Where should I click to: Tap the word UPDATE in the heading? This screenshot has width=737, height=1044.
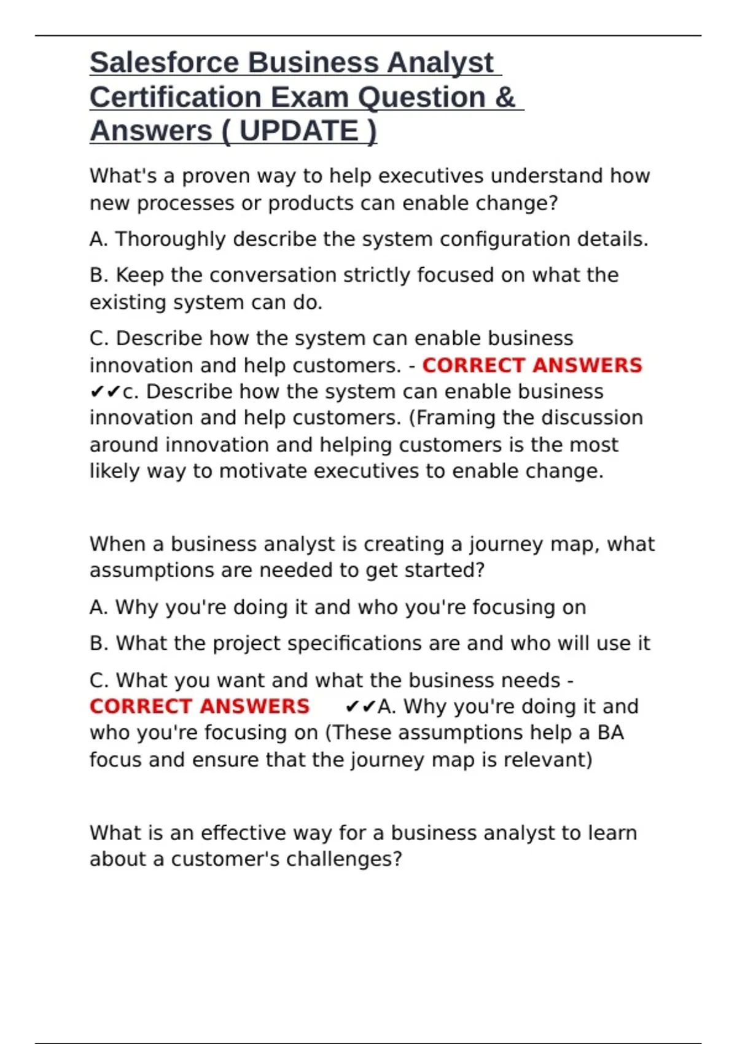(x=298, y=131)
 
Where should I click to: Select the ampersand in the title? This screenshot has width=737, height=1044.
(x=505, y=97)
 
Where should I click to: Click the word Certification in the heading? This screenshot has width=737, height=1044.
(x=176, y=97)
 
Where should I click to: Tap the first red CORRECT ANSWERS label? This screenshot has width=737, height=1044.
(x=532, y=365)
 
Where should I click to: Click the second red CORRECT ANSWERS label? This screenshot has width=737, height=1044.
(x=200, y=706)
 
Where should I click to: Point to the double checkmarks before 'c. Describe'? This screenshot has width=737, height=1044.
(x=105, y=392)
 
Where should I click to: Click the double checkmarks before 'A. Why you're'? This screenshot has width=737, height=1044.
(x=360, y=707)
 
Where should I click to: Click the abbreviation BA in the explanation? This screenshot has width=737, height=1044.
(x=610, y=733)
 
